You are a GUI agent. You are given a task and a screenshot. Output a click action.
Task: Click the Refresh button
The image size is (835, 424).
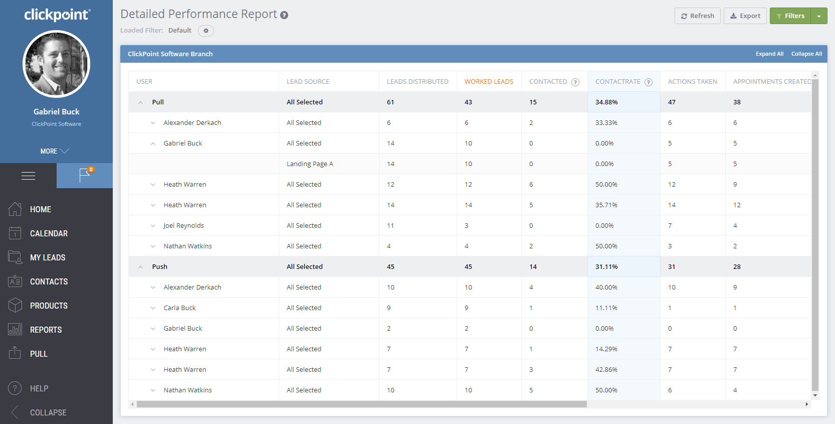point(697,16)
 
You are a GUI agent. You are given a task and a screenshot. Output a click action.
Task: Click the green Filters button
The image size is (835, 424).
point(790,16)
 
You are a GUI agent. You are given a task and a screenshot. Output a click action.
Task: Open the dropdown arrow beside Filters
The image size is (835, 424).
point(819,16)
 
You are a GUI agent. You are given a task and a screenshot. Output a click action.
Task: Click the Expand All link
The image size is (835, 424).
point(769,54)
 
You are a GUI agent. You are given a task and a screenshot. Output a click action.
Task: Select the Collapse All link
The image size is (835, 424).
point(806,54)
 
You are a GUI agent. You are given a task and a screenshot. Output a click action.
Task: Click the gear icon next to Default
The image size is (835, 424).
point(206,31)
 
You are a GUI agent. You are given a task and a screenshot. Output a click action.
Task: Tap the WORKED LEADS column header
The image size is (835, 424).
point(489,82)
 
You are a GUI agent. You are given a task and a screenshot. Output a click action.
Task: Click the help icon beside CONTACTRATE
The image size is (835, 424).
point(649,82)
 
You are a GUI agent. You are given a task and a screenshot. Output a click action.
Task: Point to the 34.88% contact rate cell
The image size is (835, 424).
point(606,102)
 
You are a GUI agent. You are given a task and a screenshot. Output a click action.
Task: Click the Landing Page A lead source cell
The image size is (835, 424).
point(310,164)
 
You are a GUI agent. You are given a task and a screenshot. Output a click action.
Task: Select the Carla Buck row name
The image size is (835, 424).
point(179,308)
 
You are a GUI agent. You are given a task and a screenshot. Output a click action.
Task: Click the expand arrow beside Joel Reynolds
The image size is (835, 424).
point(153,226)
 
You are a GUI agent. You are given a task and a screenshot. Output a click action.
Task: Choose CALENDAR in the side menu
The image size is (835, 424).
point(49,234)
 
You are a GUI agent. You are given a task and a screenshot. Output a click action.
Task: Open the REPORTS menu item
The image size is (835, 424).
point(46,330)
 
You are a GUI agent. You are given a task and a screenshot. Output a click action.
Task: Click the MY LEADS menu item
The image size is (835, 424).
point(48,258)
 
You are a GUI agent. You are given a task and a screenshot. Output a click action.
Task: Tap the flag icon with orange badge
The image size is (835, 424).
point(85,175)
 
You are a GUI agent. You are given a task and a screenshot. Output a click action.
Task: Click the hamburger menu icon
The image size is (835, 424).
point(28,176)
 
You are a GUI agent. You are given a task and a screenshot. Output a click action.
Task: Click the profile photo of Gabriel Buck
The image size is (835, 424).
point(57,64)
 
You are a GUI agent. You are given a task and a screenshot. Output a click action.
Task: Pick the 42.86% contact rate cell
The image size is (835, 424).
point(606,370)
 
